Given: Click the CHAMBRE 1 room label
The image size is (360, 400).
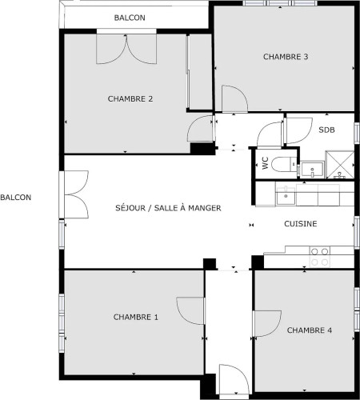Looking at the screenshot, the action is (x=136, y=317).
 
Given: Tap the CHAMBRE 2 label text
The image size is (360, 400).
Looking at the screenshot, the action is (x=130, y=99).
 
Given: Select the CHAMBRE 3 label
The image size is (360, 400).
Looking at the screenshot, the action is (x=286, y=57).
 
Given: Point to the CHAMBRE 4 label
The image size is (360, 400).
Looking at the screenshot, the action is (x=310, y=330).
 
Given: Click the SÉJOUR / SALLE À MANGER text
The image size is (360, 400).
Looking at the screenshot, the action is (x=168, y=208).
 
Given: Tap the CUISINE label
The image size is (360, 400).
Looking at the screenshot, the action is (x=301, y=224).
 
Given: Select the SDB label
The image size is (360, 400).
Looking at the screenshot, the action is (x=326, y=130).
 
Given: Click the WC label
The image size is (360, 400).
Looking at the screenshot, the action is (x=265, y=163).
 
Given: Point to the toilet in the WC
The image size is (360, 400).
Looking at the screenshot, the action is (x=284, y=165).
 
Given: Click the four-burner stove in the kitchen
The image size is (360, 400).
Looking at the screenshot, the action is (x=320, y=257).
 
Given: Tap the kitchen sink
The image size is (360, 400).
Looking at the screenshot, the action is (x=286, y=196).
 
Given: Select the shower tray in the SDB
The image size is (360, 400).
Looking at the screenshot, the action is (x=340, y=165).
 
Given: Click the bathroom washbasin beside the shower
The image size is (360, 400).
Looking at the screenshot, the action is (x=312, y=170).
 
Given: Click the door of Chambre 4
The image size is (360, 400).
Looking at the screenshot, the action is (x=267, y=323).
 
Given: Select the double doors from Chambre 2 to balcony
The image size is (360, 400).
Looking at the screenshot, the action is (x=126, y=49).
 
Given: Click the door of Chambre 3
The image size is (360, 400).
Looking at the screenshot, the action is (x=234, y=98).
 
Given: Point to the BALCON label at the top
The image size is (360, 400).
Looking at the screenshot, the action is (x=130, y=18).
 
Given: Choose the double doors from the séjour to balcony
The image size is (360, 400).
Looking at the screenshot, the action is (x=76, y=194).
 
